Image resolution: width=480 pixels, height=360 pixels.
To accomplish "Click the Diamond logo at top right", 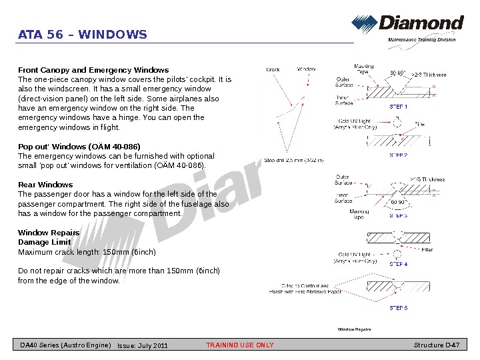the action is (407, 25).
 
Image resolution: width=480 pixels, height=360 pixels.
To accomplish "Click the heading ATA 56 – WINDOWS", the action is (83, 35).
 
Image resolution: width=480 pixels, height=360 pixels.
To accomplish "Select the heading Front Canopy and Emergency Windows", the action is (93, 70).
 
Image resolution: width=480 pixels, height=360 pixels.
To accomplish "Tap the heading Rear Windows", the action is (45, 185).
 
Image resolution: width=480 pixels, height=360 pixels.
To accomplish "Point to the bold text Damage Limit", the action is (44, 243).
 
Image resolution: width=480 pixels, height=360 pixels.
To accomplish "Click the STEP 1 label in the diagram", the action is (398, 107).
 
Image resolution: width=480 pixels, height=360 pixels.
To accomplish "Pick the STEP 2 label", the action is (398, 155).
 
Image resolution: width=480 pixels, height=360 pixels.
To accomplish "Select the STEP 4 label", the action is (398, 264).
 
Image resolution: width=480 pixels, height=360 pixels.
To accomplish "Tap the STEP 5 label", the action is (398, 308).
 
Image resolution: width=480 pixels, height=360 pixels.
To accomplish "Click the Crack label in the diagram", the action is (273, 69).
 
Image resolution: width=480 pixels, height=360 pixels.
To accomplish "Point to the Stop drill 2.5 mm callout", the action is (294, 160).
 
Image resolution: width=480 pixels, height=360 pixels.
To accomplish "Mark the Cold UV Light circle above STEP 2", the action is (398, 123).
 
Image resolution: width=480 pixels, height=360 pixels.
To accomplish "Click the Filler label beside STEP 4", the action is (427, 250).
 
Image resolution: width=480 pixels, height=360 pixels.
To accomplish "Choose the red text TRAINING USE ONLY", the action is (240, 345).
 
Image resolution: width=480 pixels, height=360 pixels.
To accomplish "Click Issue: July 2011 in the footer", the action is (143, 345).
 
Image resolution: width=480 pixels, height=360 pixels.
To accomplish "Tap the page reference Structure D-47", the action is (437, 345).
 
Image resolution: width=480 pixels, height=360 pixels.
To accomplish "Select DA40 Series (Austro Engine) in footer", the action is (65, 345).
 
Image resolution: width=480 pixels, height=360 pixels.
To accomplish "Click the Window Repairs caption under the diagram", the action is (354, 329).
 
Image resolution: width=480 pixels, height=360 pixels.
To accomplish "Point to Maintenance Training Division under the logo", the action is (422, 40).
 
